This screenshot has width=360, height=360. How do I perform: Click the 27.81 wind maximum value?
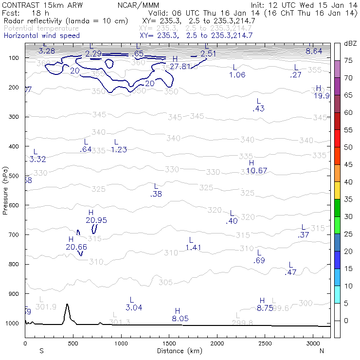coord(180,66)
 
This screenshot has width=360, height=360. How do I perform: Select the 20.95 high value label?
coord(96,220)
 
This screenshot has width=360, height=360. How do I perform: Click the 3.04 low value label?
coord(134,307)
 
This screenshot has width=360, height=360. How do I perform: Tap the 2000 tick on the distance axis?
coord(217,343)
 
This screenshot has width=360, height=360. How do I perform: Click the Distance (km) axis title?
coord(180,351)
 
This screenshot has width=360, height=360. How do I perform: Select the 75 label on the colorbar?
coord(348,60)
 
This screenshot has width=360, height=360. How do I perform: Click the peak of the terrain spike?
coord(67,305)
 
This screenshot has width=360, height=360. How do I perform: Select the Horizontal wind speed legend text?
coord(42,36)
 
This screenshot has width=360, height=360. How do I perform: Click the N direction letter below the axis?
coord(322,351)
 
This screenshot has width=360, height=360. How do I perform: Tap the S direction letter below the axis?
coord(42,351)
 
